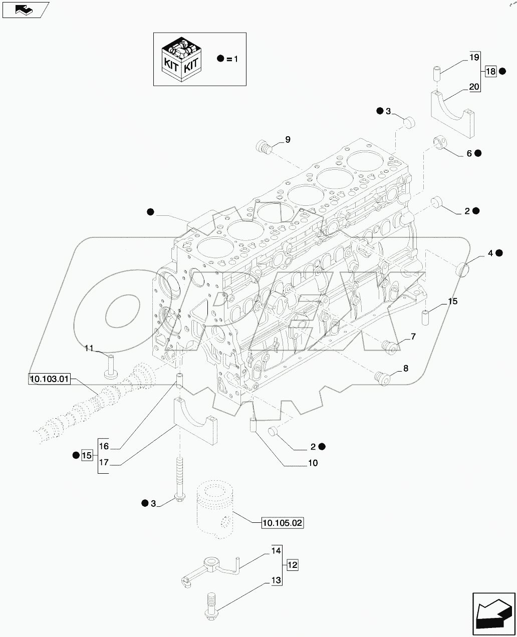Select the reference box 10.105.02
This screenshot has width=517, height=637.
click(283, 523)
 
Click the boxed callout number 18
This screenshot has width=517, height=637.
click(490, 72)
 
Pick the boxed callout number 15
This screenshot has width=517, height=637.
click(87, 455)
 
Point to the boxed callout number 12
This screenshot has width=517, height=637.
click(293, 565)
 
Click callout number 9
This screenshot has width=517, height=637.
click(288, 139)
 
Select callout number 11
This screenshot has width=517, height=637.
click(89, 349)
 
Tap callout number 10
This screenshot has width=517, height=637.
click(313, 463)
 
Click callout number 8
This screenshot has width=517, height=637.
click(405, 369)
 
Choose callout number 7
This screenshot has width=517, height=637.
click(413, 337)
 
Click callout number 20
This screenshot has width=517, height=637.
click(474, 86)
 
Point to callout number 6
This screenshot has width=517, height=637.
click(469, 153)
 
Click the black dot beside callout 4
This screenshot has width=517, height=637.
click(499, 253)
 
